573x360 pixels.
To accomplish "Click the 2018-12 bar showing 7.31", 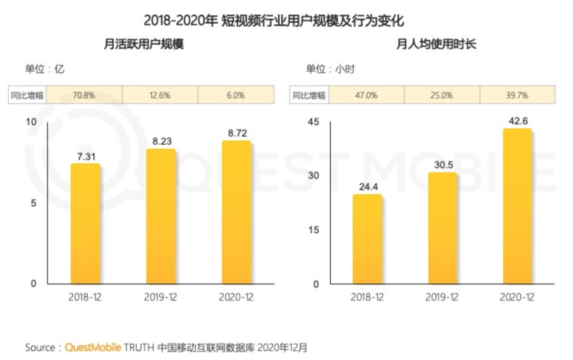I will [x=85, y=224].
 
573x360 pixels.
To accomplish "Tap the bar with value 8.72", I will [x=236, y=212].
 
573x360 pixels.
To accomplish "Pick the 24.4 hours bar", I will [x=367, y=239].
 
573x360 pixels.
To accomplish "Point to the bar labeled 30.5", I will [x=442, y=228].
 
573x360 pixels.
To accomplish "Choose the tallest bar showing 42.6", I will [x=517, y=206].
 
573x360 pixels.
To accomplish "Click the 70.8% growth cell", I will [x=84, y=95].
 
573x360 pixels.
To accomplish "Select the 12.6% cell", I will [x=160, y=95].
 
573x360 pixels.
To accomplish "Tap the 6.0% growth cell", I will [x=236, y=95].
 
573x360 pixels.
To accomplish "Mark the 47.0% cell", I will [x=366, y=95].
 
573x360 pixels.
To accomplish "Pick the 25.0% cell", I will [x=442, y=95].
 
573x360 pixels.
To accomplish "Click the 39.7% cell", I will [x=517, y=95].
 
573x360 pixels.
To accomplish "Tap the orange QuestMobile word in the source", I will [x=93, y=347].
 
